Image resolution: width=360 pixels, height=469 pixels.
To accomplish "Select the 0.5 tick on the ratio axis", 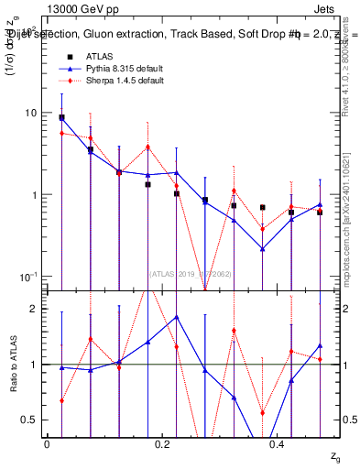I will point(29,420).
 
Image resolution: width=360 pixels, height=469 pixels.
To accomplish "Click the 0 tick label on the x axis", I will point(47,443).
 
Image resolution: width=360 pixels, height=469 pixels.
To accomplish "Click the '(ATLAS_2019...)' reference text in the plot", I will point(190,272).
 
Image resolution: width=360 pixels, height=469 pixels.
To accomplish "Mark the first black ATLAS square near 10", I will point(61,117).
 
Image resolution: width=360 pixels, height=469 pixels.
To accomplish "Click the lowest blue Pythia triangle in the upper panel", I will point(262,248).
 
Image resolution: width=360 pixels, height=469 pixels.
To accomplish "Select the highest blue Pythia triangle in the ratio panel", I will point(177,317).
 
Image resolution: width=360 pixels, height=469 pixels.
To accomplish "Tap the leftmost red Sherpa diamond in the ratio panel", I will point(61,400).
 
